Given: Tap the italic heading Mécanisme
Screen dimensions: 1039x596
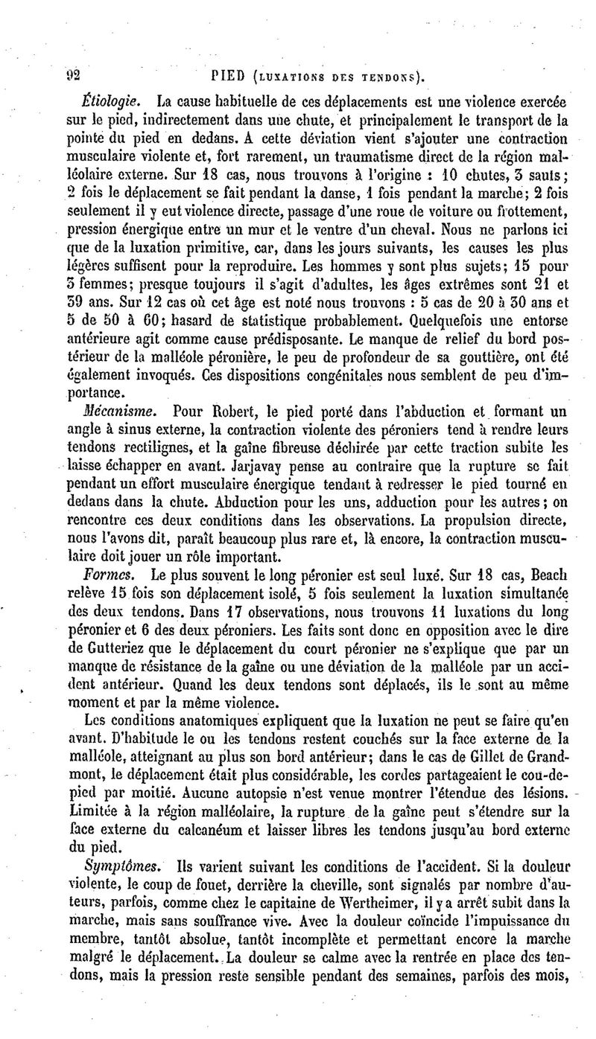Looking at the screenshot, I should click(x=117, y=410).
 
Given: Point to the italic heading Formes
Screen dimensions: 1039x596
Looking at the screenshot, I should click(x=107, y=574).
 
